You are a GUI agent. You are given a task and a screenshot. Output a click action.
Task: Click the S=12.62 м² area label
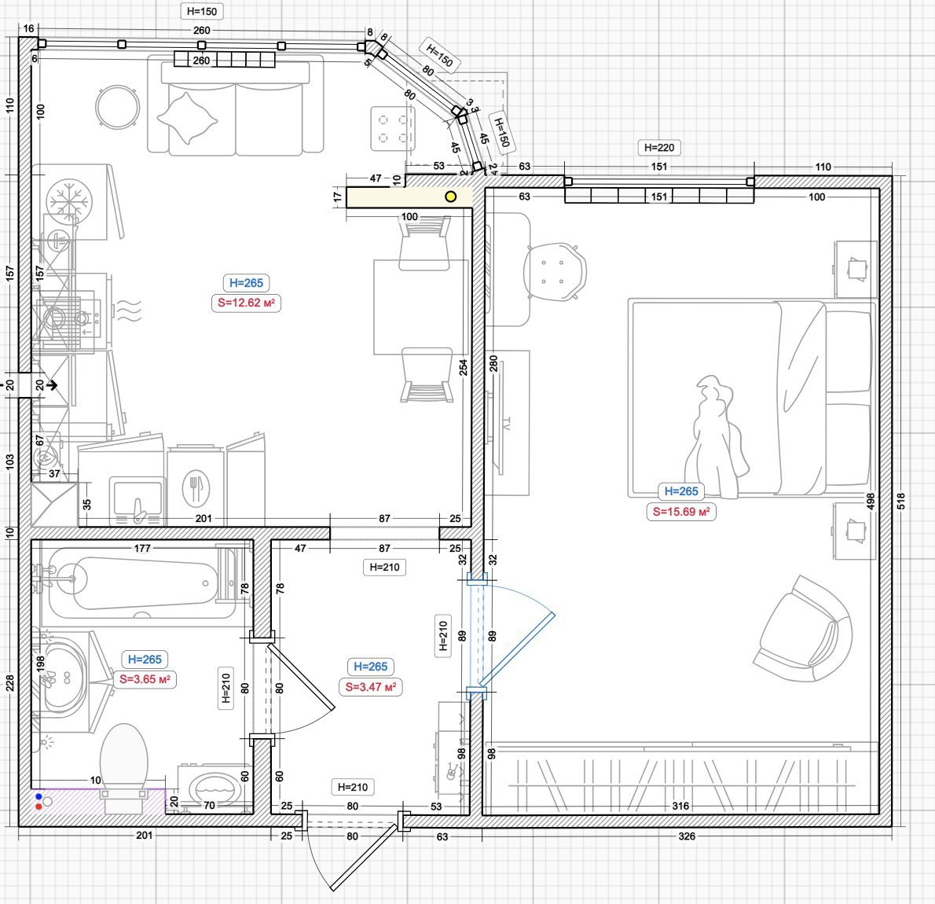coord(246,303)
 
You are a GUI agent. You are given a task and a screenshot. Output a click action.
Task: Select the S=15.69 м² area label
coord(681,512)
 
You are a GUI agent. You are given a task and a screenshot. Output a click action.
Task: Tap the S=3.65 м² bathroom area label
coord(145,679)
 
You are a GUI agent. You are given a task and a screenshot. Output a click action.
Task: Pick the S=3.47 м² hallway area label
coord(370,687)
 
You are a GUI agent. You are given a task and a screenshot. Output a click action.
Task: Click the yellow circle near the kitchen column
coord(451,197)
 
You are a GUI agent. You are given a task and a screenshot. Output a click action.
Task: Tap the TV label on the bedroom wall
coord(506,424)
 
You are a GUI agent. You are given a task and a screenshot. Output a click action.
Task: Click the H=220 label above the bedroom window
coord(659,147)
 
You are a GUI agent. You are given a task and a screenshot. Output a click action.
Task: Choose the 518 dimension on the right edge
coord(901,501)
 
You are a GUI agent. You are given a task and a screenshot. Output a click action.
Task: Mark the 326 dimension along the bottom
coord(687,836)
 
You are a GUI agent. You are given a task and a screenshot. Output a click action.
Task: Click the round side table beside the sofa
coord(118,108)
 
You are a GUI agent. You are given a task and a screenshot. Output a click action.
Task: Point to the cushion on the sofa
coord(187,118)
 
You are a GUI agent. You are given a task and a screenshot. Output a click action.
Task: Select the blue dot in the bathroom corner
coord(38,796)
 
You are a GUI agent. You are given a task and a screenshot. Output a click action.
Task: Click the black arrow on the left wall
coord(52,385)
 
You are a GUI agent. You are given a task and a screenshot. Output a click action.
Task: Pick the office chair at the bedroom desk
coord(555,271)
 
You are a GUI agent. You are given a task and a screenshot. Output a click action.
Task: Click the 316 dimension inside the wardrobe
coord(680,807)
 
